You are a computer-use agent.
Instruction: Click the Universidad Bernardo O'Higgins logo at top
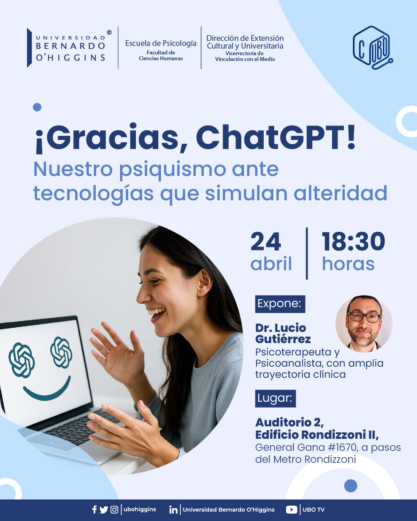(x=69, y=47)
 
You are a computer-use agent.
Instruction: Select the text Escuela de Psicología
(x=161, y=43)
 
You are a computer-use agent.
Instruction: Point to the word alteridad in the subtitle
(x=341, y=193)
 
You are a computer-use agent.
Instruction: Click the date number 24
(x=266, y=241)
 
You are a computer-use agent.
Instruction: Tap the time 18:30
(x=353, y=241)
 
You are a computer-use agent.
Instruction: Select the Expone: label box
(x=280, y=304)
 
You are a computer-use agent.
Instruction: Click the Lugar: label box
(x=276, y=398)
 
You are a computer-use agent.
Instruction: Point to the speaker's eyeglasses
(x=364, y=317)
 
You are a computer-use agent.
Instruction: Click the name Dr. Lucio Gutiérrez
(x=283, y=333)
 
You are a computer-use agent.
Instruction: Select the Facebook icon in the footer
(x=95, y=510)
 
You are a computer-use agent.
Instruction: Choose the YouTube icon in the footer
(x=292, y=510)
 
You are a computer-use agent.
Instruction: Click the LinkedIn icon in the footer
(x=173, y=510)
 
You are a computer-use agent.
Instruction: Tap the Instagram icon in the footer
(x=114, y=510)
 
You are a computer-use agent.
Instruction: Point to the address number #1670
(x=342, y=448)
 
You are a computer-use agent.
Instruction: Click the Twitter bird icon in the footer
(x=104, y=510)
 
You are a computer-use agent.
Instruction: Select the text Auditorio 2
(x=290, y=423)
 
